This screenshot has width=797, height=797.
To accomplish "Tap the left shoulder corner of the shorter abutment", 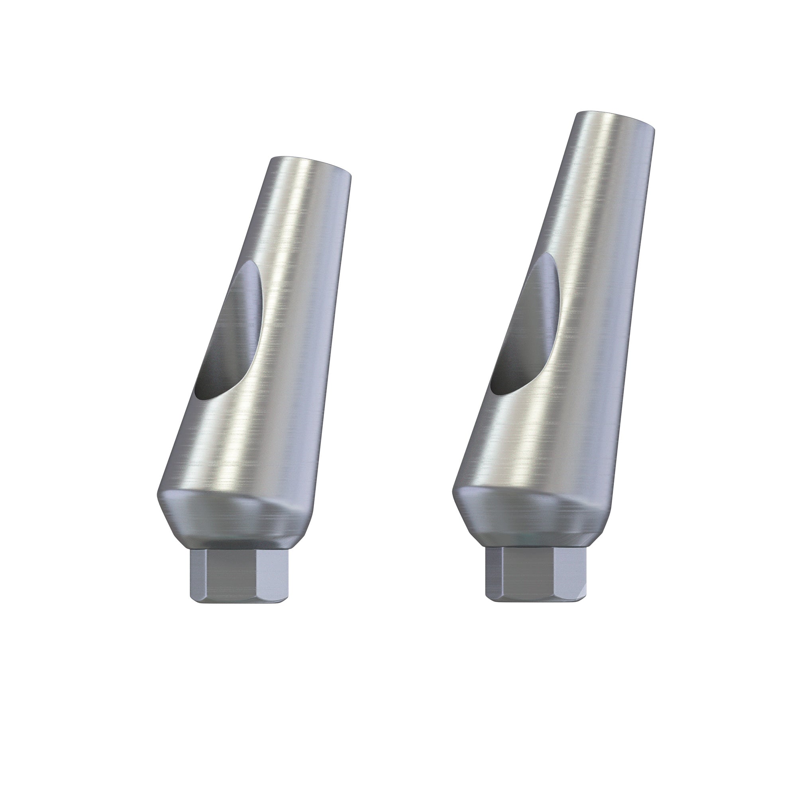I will (157, 497).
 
